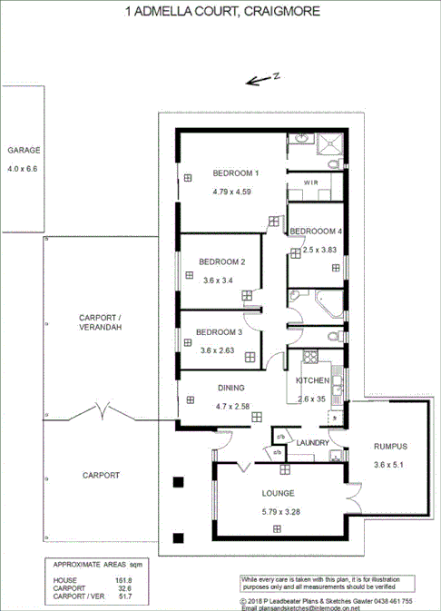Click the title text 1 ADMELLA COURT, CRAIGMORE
(220, 12)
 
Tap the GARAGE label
(24, 151)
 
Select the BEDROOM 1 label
(236, 173)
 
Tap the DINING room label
(230, 388)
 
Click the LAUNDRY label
(312, 442)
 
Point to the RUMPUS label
(392, 447)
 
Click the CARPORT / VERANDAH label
(100, 321)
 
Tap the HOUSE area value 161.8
(123, 580)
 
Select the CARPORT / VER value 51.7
(123, 596)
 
